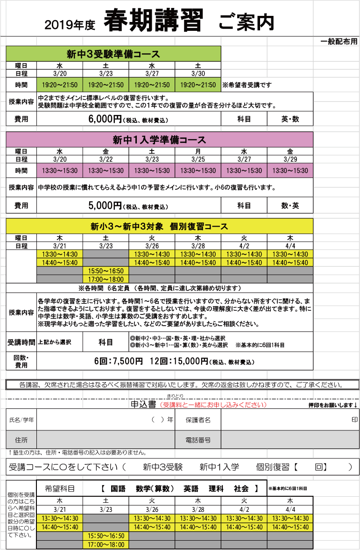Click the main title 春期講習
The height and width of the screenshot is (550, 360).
154,21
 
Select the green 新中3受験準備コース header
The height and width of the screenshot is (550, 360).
113,54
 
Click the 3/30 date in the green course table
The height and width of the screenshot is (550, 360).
198,73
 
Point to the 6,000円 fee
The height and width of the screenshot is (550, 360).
105,119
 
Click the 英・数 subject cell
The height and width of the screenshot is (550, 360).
290,119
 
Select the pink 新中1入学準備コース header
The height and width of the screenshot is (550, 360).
159,140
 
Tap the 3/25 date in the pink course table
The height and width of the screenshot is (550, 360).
198,159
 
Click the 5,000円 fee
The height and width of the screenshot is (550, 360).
105,205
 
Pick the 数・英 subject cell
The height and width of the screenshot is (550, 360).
290,205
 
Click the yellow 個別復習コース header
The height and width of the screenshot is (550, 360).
159,227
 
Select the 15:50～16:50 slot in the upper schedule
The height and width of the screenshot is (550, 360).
106,271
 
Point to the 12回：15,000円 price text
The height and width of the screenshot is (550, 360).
178,361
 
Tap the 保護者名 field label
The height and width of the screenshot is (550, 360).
198,420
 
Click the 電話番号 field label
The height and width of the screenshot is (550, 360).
198,440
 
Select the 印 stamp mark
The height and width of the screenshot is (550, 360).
355,420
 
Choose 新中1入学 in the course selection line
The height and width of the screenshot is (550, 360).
219,466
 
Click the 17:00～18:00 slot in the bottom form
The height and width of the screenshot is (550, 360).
106,544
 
